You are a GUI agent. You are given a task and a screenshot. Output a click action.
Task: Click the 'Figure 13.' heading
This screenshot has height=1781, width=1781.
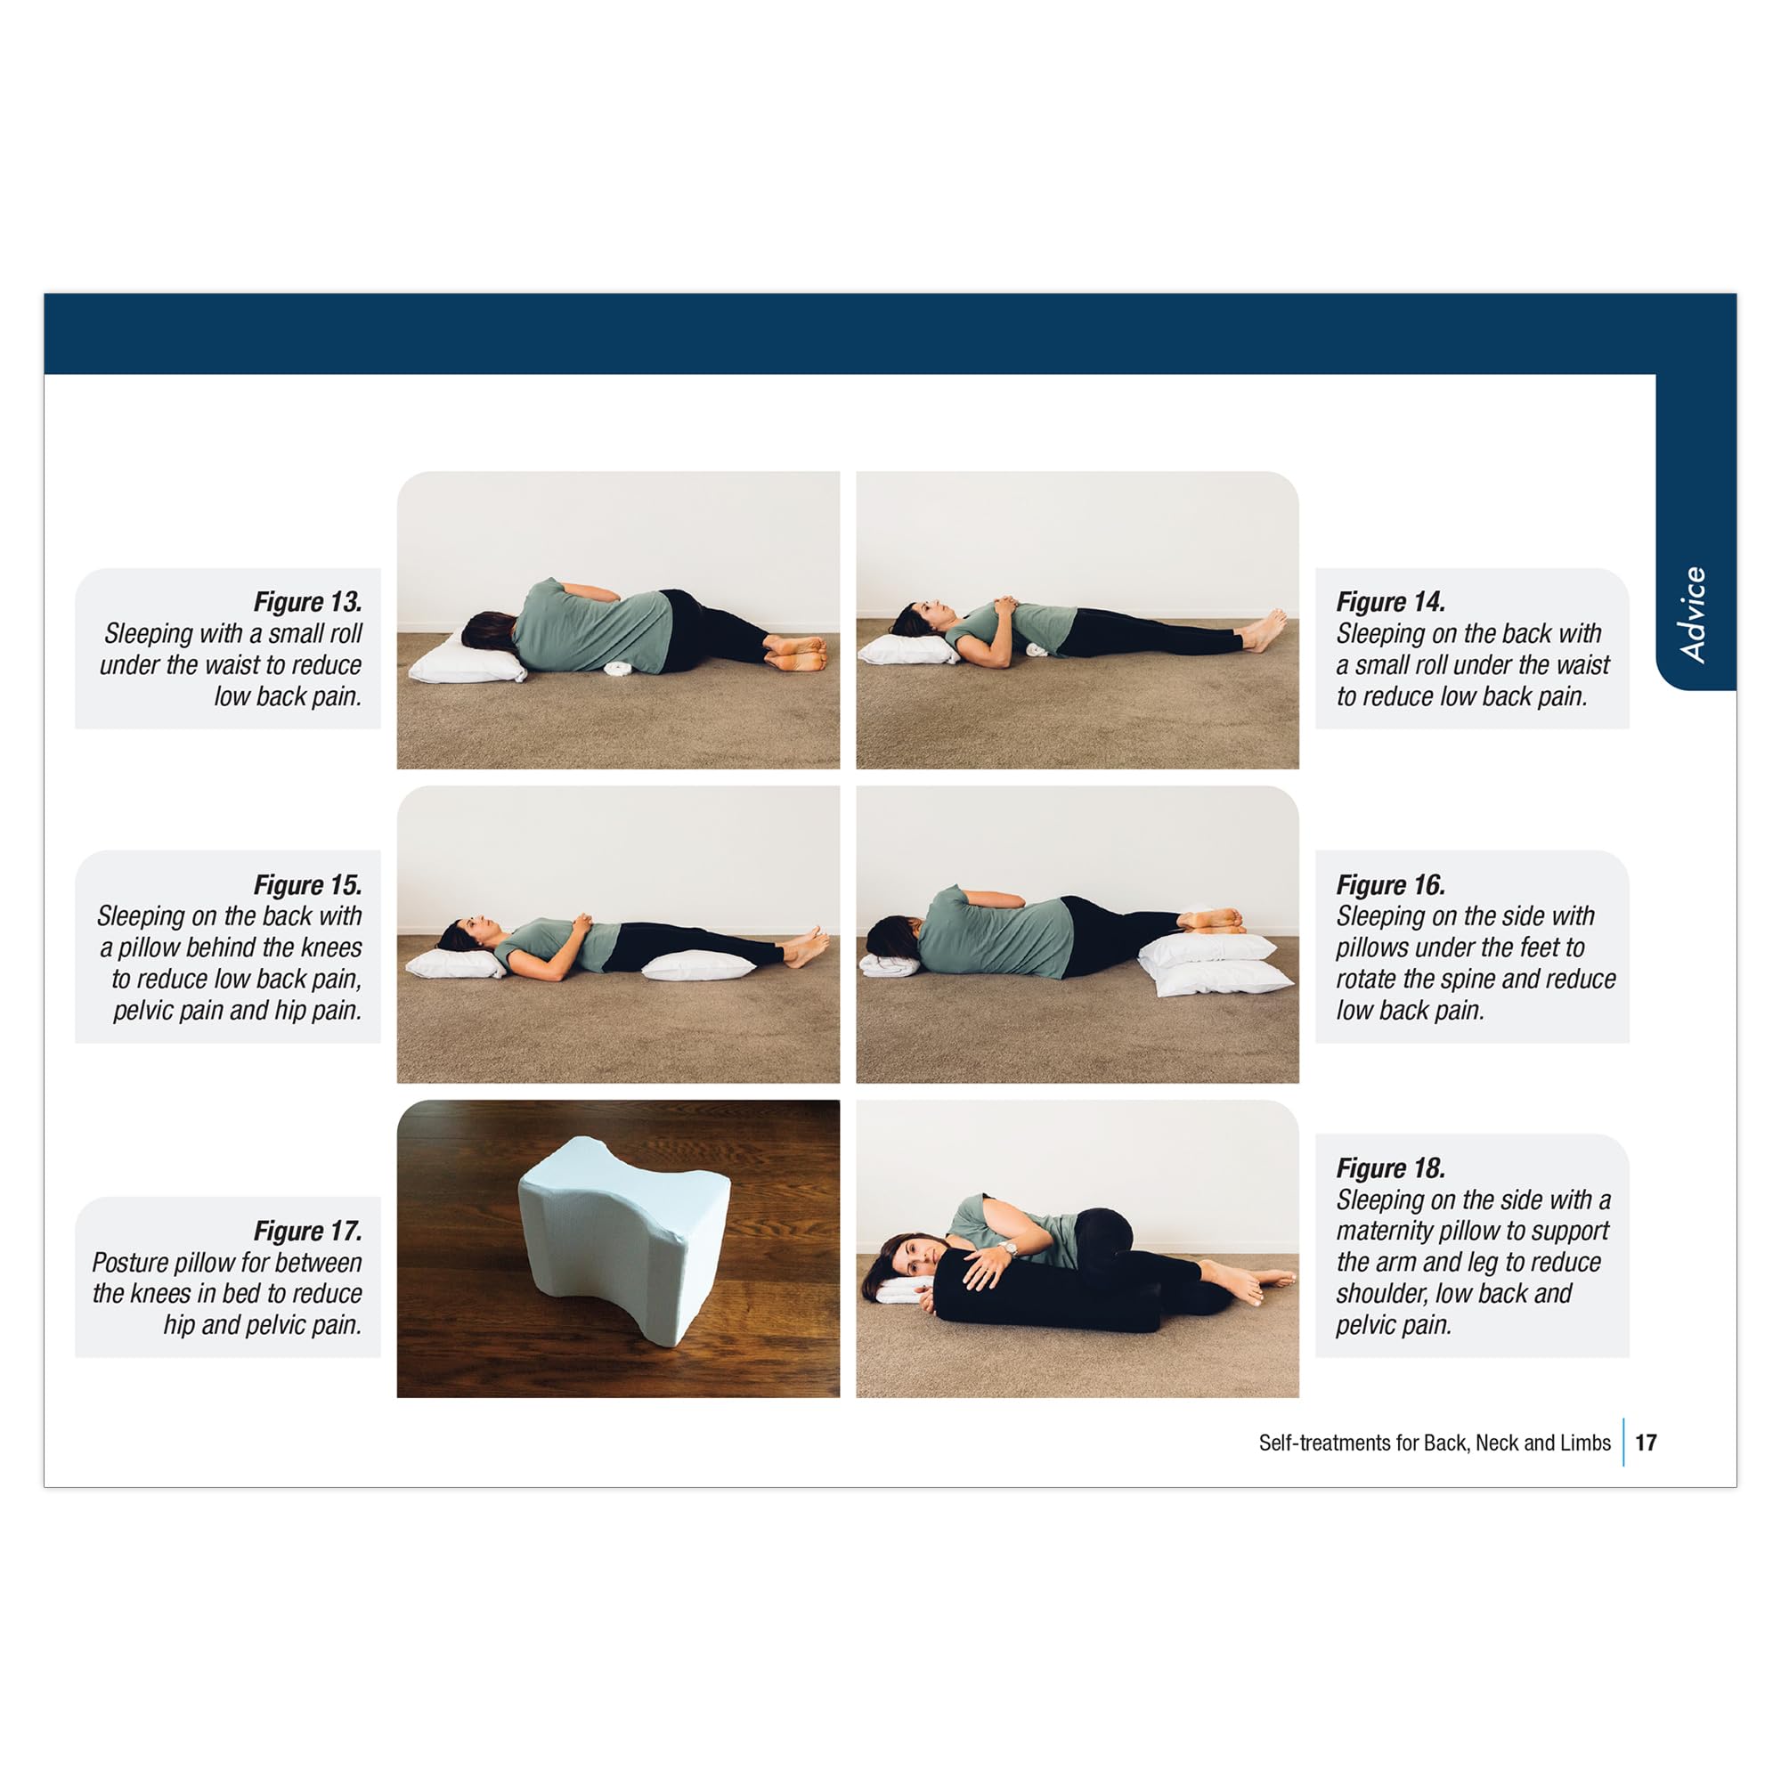(x=307, y=602)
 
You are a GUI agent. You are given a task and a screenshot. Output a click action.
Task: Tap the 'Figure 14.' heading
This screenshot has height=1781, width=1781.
(x=1390, y=602)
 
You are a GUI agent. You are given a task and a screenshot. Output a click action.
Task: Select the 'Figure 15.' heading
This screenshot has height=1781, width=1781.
(x=307, y=885)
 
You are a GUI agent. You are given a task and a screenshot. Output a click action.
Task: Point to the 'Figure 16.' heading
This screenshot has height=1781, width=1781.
(x=1390, y=885)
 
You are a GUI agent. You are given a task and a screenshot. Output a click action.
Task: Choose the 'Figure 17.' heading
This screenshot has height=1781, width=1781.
(x=307, y=1231)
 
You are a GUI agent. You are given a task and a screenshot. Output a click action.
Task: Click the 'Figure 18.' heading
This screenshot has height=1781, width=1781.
(x=1390, y=1168)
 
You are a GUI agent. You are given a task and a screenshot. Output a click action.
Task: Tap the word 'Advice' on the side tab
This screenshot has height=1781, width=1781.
(x=1693, y=614)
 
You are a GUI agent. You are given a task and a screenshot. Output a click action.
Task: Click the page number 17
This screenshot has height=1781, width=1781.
(x=1647, y=1443)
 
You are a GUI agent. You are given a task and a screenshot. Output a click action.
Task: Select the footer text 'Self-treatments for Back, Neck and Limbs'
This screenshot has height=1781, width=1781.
(x=1435, y=1443)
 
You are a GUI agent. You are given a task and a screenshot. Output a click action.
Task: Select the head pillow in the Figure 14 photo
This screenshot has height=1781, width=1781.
(x=908, y=650)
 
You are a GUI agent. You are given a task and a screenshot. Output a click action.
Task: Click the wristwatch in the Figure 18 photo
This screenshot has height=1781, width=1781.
(x=1012, y=1248)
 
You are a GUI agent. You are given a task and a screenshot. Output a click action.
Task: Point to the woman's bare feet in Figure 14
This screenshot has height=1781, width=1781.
(x=1264, y=630)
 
